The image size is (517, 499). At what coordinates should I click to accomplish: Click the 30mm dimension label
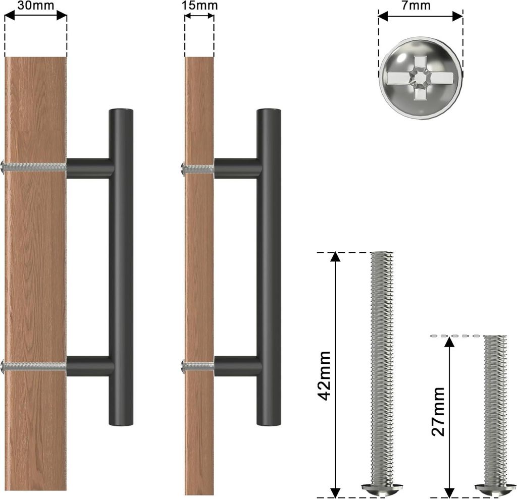(36, 5)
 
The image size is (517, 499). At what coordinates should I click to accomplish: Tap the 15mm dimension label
(199, 5)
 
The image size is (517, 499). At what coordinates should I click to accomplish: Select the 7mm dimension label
(416, 5)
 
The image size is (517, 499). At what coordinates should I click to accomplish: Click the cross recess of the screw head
(420, 78)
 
